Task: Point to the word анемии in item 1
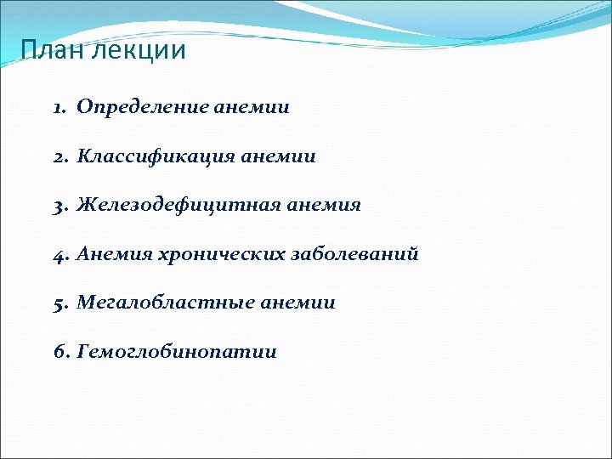click(x=252, y=108)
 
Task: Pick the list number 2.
click(x=58, y=156)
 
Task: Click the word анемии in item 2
click(x=278, y=156)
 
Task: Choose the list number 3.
click(x=58, y=206)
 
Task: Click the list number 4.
click(x=58, y=254)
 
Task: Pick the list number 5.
click(x=58, y=303)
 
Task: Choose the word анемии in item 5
click(x=297, y=303)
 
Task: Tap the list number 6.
click(x=58, y=351)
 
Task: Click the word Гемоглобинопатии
click(x=177, y=351)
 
